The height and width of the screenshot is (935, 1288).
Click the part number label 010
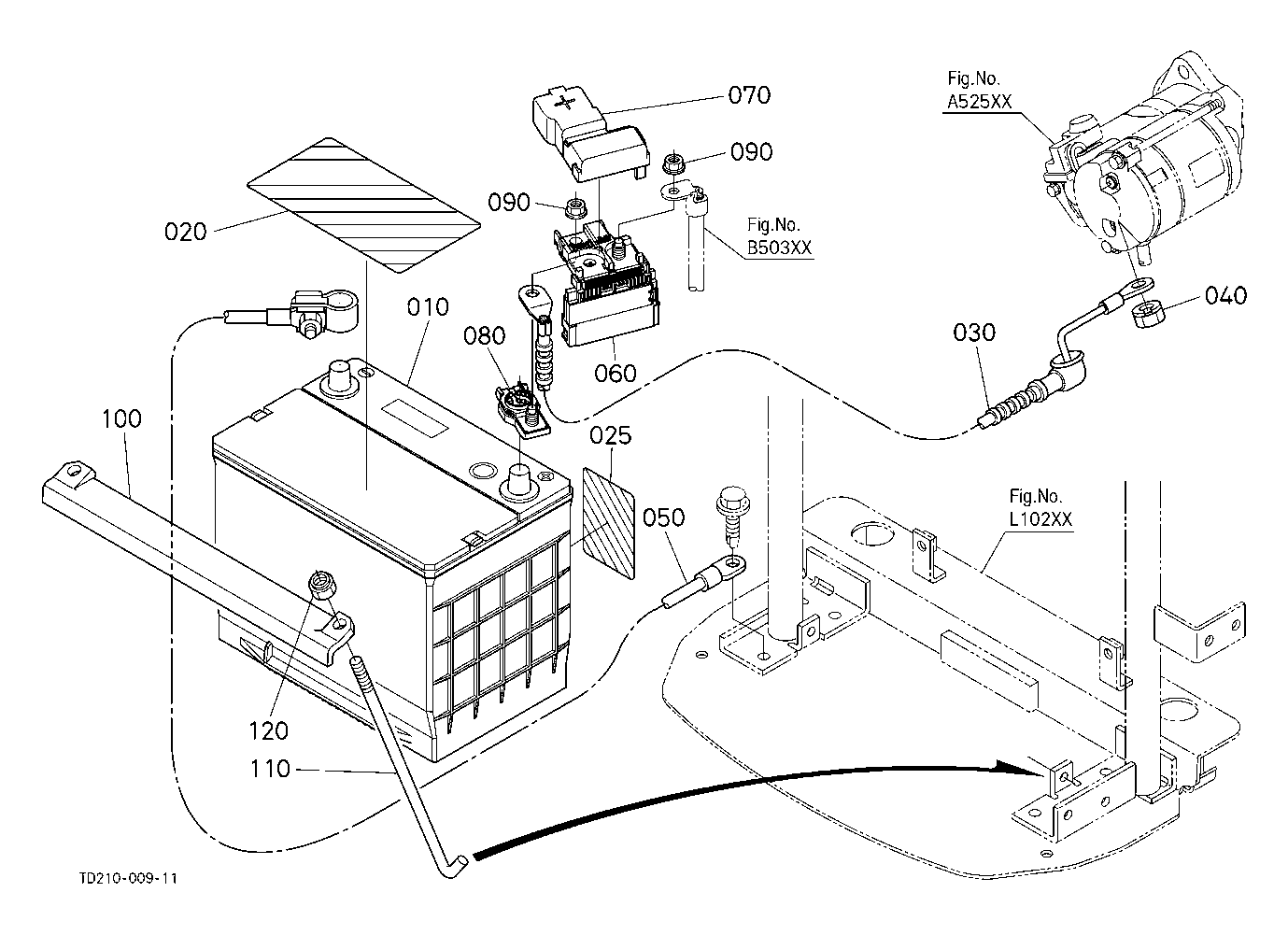(x=428, y=307)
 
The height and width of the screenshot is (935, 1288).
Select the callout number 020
(x=185, y=231)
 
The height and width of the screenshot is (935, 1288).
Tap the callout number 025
(x=611, y=436)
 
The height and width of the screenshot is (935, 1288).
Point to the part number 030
(x=974, y=333)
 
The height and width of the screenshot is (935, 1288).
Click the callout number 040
(x=1225, y=296)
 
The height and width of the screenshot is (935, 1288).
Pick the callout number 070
(x=749, y=95)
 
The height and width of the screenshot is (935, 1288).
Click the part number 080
(x=485, y=335)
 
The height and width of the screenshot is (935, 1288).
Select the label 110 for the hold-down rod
(x=270, y=770)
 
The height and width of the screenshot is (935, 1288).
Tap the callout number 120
(x=269, y=730)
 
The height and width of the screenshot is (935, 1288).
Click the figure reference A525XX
(x=977, y=103)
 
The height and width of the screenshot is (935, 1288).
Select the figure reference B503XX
(x=779, y=248)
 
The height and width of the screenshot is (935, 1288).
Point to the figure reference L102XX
(x=1040, y=520)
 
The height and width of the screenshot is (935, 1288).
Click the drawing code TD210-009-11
(x=129, y=879)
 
